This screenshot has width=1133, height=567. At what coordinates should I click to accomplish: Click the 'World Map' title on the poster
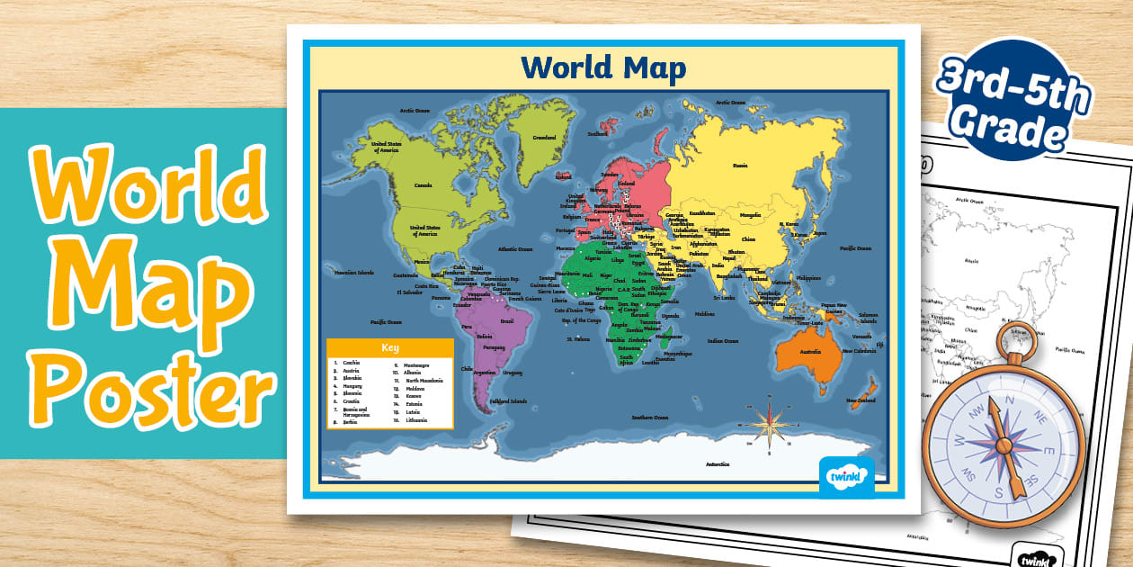coord(602,68)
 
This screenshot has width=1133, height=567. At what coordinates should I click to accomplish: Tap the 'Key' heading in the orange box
coord(389,347)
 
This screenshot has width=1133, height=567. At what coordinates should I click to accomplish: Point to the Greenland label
coord(544,138)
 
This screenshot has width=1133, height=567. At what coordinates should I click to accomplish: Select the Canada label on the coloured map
coord(423,185)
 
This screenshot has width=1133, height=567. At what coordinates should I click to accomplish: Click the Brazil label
coord(506,321)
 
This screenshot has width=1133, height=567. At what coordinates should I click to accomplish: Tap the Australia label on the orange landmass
coord(810,350)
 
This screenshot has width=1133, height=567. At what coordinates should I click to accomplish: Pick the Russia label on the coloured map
coord(740,165)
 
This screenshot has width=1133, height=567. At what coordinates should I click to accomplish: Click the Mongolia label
coord(750,215)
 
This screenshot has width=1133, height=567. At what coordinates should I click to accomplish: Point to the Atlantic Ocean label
coord(514,248)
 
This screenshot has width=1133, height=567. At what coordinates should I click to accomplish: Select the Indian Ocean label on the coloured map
coord(722,341)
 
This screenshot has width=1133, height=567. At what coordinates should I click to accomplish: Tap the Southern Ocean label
coord(649,418)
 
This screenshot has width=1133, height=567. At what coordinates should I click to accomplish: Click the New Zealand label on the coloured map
coord(861,400)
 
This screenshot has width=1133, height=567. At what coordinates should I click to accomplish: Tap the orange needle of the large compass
coord(1002,445)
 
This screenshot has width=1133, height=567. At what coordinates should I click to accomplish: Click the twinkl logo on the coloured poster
coord(846,472)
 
